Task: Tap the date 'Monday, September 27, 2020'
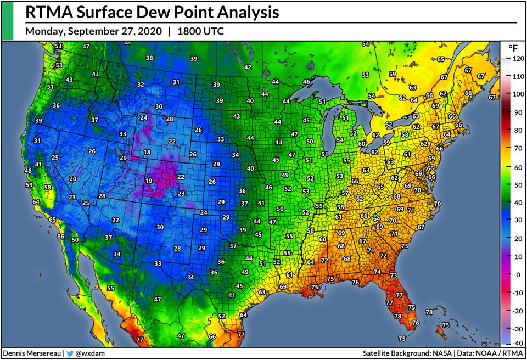click(x=93, y=31)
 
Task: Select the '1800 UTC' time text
click(x=200, y=31)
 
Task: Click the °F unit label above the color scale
click(x=513, y=48)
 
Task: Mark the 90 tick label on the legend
click(x=517, y=112)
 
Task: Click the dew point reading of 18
click(x=147, y=152)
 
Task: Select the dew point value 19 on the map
click(x=148, y=181)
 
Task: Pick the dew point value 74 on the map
click(x=377, y=272)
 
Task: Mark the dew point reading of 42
click(x=248, y=67)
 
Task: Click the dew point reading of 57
click(x=344, y=193)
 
